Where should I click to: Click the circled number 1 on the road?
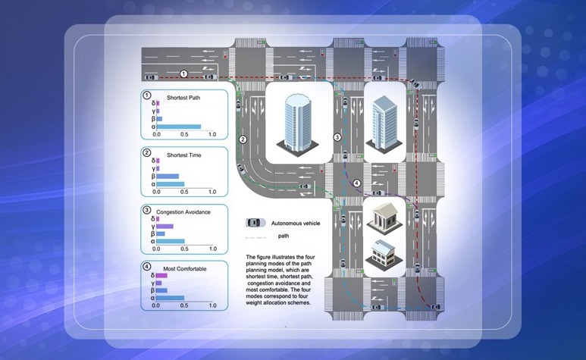[183, 74]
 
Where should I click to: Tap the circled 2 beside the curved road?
[243, 139]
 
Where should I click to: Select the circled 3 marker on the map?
[337, 136]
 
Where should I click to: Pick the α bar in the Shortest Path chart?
[179, 127]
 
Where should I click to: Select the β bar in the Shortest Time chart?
[168, 176]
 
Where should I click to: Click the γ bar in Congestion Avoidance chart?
[165, 226]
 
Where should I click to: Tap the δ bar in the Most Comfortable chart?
[161, 276]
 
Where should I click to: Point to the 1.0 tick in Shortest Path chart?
[212, 134]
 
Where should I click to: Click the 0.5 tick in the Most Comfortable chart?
[184, 306]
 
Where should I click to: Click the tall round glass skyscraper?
[297, 121]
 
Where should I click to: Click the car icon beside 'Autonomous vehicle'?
[255, 223]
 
